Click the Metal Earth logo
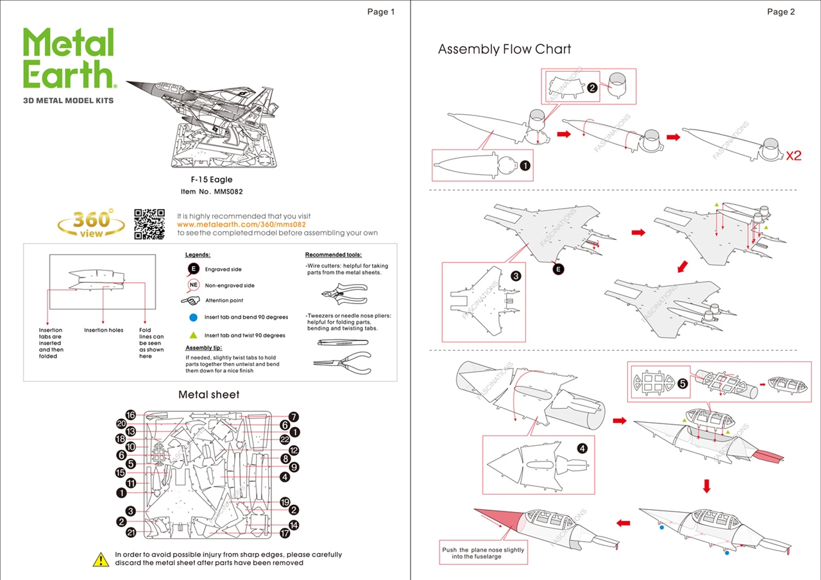[x=69, y=59]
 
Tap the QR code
[x=149, y=224]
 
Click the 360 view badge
[x=92, y=223]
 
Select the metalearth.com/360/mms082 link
[x=241, y=225]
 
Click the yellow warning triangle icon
[x=101, y=559]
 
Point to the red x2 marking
[x=793, y=155]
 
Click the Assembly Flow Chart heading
[x=504, y=49]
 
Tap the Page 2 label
[x=781, y=12]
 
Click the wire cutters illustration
[x=343, y=294]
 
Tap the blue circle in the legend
[x=193, y=317]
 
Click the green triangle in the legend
[x=193, y=335]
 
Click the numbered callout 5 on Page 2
[x=682, y=384]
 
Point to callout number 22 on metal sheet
[x=285, y=439]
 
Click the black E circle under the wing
[x=558, y=269]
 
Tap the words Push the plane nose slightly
[x=483, y=550]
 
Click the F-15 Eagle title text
[x=212, y=180]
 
